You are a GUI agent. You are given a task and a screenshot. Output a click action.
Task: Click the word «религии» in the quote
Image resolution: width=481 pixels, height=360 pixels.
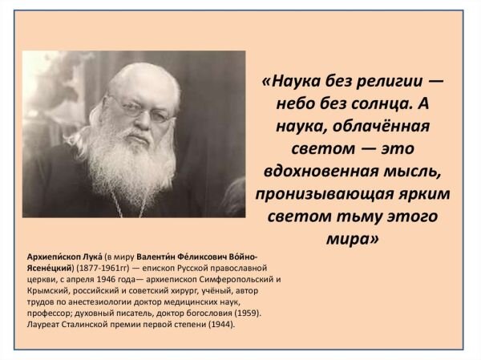tap(386, 83)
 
